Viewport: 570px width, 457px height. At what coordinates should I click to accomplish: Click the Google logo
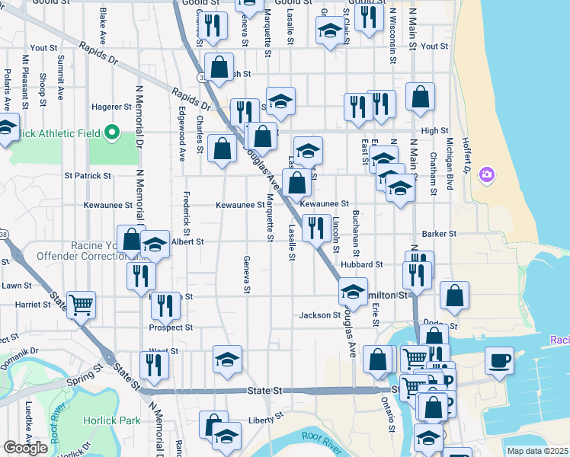(26, 448)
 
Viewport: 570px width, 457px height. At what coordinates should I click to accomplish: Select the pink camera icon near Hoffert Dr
(486, 176)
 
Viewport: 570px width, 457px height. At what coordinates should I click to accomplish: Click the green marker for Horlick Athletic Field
(112, 134)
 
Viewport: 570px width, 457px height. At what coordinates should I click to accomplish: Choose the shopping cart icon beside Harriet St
(81, 304)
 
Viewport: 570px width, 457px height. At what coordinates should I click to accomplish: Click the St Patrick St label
(88, 175)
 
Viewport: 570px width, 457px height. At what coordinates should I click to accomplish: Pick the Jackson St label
(319, 315)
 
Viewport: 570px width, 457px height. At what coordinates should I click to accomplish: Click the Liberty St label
(267, 417)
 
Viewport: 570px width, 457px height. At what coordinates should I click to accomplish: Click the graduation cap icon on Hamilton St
(353, 291)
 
